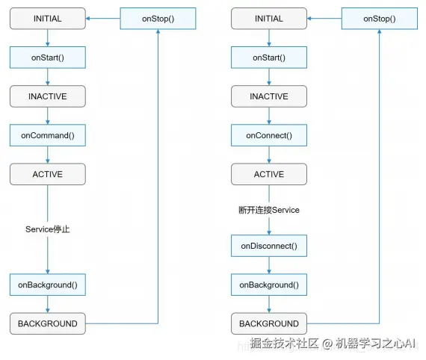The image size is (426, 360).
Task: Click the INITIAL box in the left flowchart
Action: pyautogui.click(x=48, y=19)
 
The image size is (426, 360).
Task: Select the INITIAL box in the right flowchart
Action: pyautogui.click(x=269, y=19)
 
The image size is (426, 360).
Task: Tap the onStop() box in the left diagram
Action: pyautogui.click(x=158, y=19)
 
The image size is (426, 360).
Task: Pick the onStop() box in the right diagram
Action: pyautogui.click(x=380, y=19)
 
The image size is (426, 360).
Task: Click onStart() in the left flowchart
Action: pyautogui.click(x=48, y=58)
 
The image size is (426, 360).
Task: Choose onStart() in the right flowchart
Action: pyautogui.click(x=269, y=58)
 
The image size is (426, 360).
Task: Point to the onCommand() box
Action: pyautogui.click(x=48, y=135)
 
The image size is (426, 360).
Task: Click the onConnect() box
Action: pyautogui.click(x=269, y=135)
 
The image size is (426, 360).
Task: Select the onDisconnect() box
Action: pyautogui.click(x=269, y=246)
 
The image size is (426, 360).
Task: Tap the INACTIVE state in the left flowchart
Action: pyautogui.click(x=48, y=96)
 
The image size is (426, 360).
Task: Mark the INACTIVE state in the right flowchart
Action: pyautogui.click(x=269, y=96)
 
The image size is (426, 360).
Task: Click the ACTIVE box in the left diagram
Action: pyautogui.click(x=48, y=174)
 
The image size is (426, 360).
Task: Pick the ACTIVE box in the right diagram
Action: pyautogui.click(x=269, y=174)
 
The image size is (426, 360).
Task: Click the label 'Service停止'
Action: pyautogui.click(x=48, y=229)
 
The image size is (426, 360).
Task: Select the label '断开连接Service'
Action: pyautogui.click(x=269, y=210)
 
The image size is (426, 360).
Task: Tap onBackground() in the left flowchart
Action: pyautogui.click(x=48, y=285)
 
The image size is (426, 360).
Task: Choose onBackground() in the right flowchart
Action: pyautogui.click(x=269, y=285)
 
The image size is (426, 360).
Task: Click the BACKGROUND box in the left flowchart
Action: pyautogui.click(x=48, y=323)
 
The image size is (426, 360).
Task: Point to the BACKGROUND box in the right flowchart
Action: pyautogui.click(x=269, y=323)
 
